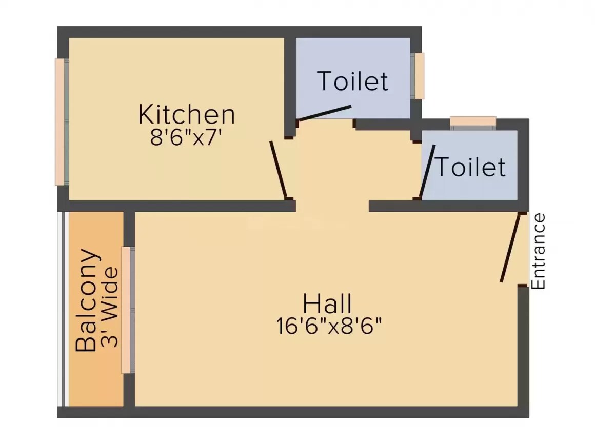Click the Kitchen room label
[187, 114]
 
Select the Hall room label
[327, 303]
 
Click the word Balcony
[86, 300]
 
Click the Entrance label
[538, 251]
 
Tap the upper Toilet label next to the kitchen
[352, 81]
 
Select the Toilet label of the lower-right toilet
[470, 167]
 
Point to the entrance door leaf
[510, 248]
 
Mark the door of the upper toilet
[325, 113]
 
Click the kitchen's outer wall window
[61, 121]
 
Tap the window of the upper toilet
[419, 76]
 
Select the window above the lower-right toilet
[473, 121]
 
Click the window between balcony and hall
[127, 310]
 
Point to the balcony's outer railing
[62, 308]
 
